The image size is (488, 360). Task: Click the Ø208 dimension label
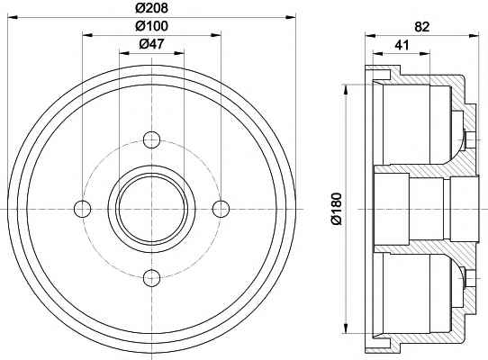(x=151, y=8)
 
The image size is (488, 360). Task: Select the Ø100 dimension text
(x=151, y=26)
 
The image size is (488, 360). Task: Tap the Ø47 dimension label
(x=151, y=44)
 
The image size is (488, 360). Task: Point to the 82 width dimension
(x=421, y=27)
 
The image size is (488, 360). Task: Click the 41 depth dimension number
(x=402, y=45)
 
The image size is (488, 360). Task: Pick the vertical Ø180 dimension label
(x=337, y=209)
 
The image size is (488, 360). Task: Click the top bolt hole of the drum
(x=151, y=139)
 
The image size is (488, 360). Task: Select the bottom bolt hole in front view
(x=151, y=277)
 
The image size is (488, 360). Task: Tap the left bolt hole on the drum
(x=83, y=209)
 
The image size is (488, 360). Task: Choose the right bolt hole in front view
(x=221, y=209)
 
